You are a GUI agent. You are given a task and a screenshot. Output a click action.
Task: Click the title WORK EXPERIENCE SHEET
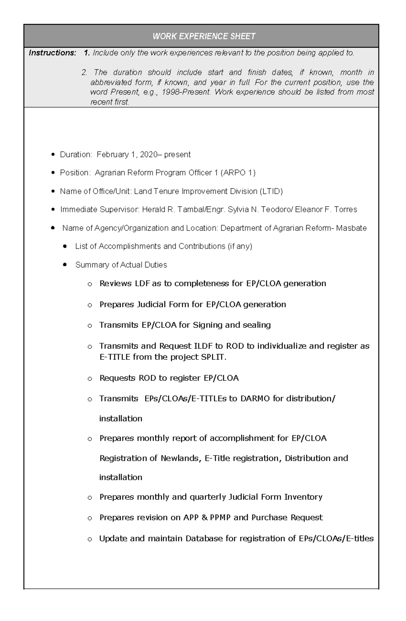pos(204,36)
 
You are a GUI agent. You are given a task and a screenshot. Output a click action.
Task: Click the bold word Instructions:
pos(52,53)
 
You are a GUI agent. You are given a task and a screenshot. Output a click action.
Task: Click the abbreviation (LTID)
pos(271,192)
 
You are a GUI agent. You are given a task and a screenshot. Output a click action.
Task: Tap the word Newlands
pos(180,458)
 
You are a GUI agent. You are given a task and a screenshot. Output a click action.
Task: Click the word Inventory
pos(303,497)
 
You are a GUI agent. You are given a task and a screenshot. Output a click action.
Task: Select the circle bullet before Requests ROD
pos(90,379)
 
